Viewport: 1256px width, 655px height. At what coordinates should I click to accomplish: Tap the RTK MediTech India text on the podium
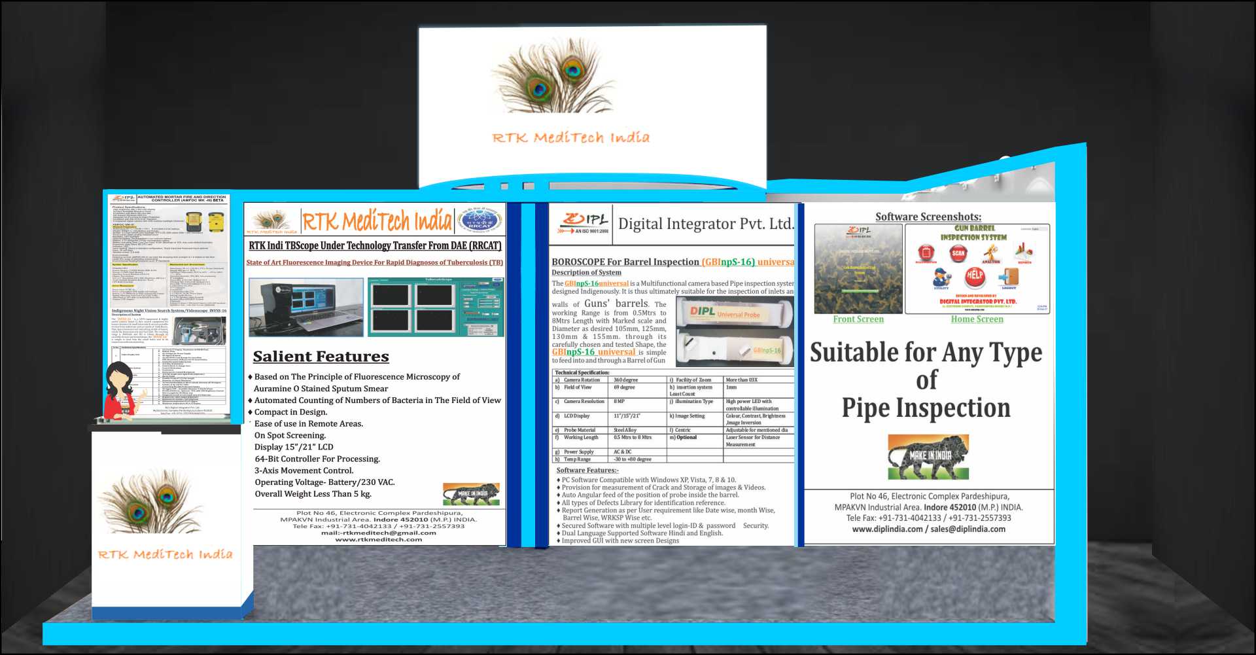pyautogui.click(x=165, y=554)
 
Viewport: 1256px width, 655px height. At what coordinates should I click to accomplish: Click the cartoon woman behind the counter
pyautogui.click(x=122, y=392)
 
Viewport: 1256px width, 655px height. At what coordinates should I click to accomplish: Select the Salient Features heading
pyautogui.click(x=321, y=357)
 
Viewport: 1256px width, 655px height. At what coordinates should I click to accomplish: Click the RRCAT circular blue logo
pyautogui.click(x=480, y=220)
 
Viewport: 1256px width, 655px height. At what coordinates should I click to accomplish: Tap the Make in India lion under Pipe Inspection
pyautogui.click(x=928, y=457)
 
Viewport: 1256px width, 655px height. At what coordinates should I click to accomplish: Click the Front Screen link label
pyautogui.click(x=858, y=319)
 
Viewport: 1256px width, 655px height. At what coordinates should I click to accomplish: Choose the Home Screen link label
pyautogui.click(x=977, y=319)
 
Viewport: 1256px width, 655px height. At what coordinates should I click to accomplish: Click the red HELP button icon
pyautogui.click(x=975, y=276)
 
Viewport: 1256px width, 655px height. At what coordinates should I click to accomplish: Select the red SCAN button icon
pyautogui.click(x=958, y=253)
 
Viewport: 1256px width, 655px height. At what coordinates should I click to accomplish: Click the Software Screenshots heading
pyautogui.click(x=928, y=217)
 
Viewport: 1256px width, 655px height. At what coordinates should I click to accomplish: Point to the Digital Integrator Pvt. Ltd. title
pyautogui.click(x=705, y=224)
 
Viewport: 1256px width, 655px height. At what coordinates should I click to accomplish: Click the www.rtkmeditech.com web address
pyautogui.click(x=378, y=539)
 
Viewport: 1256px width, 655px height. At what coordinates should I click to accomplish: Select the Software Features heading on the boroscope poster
pyautogui.click(x=587, y=470)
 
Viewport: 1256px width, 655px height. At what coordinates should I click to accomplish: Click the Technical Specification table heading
pyautogui.click(x=582, y=372)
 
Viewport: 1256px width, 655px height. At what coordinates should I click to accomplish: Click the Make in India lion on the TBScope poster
pyautogui.click(x=471, y=493)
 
